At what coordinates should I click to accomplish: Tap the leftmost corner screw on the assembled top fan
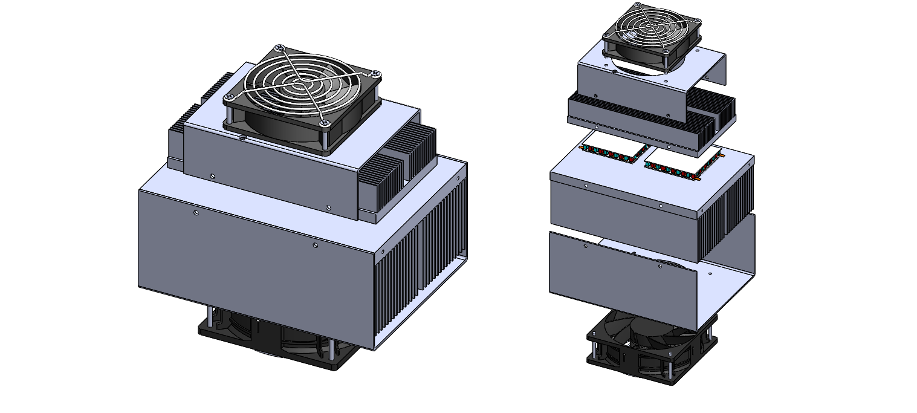[x=230, y=98]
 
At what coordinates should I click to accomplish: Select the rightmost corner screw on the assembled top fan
[x=375, y=74]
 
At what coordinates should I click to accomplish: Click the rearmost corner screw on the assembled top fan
[x=279, y=48]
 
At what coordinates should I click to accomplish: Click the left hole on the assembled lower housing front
[x=196, y=213]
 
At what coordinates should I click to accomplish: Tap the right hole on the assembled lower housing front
[x=315, y=246]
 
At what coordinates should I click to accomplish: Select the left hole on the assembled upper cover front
[x=212, y=176]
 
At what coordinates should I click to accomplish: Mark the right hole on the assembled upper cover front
[x=328, y=208]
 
